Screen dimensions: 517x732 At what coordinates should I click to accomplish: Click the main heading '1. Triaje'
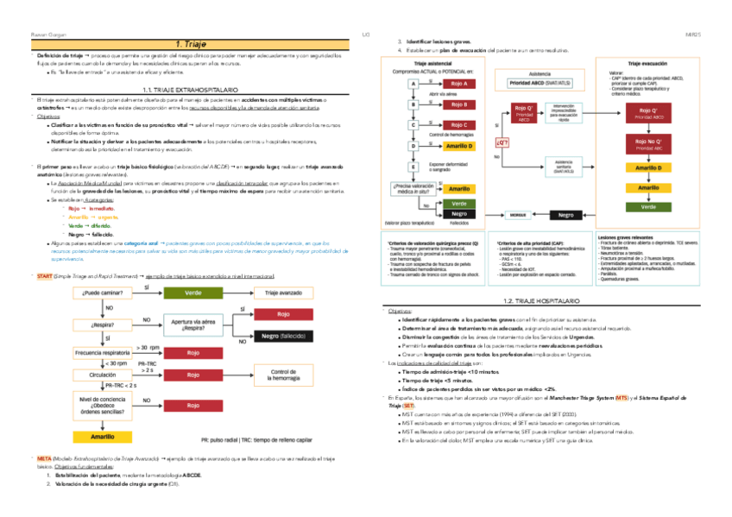tap(190, 44)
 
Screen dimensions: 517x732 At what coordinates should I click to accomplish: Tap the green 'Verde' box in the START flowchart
tap(193, 293)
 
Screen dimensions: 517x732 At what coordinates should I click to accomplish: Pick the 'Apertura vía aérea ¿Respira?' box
tap(193, 325)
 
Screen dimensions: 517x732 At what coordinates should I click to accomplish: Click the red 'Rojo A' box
tap(458, 84)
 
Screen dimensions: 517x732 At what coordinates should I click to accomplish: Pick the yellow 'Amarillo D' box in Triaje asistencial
tap(458, 147)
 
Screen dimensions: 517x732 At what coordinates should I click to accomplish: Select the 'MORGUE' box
tap(517, 215)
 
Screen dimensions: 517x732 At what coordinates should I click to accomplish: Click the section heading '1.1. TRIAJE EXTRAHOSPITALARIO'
tap(190, 90)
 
